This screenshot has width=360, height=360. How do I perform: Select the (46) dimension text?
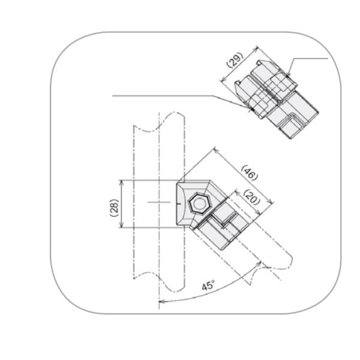pyautogui.click(x=248, y=173)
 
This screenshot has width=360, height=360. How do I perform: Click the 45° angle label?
pyautogui.click(x=208, y=286)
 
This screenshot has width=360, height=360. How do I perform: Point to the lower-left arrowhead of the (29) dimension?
pyautogui.click(x=223, y=81)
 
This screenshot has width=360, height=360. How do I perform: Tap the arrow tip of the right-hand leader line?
pyautogui.click(x=288, y=76)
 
